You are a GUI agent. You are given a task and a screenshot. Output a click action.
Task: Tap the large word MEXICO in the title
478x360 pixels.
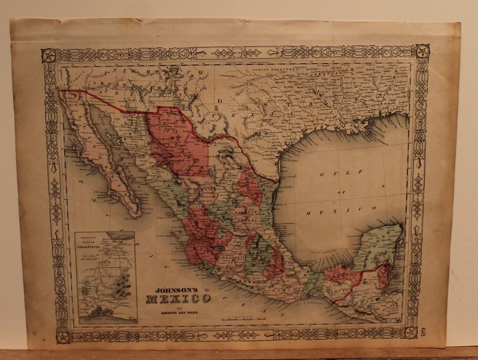point(178,299)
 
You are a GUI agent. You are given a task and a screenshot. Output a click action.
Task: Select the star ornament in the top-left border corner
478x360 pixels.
point(49,55)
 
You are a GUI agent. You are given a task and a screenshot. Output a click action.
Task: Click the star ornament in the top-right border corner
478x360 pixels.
point(422,52)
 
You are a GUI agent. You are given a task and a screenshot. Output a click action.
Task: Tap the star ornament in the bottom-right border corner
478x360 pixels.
point(410,332)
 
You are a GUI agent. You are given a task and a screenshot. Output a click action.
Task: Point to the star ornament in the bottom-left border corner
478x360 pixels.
point(63,337)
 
